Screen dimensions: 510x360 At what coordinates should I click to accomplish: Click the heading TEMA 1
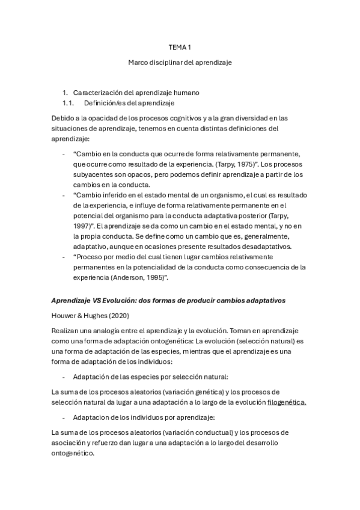pyautogui.click(x=180, y=47)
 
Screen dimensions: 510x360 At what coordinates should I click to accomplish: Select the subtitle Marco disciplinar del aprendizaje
pyautogui.click(x=180, y=62)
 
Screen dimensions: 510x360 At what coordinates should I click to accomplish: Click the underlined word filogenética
pyautogui.click(x=287, y=402)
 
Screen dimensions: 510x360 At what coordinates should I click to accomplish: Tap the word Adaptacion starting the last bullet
pyautogui.click(x=93, y=417)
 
